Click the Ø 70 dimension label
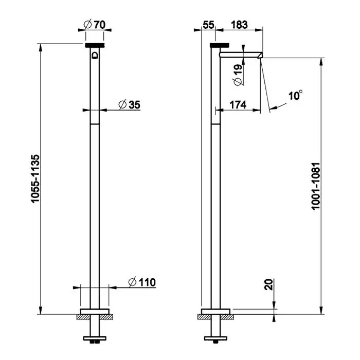[94, 25]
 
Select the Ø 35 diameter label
[129, 105]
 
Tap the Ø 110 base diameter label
[142, 282]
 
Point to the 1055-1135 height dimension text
[35, 178]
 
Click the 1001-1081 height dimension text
[316, 186]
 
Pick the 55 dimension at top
[208, 25]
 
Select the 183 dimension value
[239, 25]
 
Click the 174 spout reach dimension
[238, 105]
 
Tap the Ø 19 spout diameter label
[238, 75]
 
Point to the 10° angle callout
[296, 95]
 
